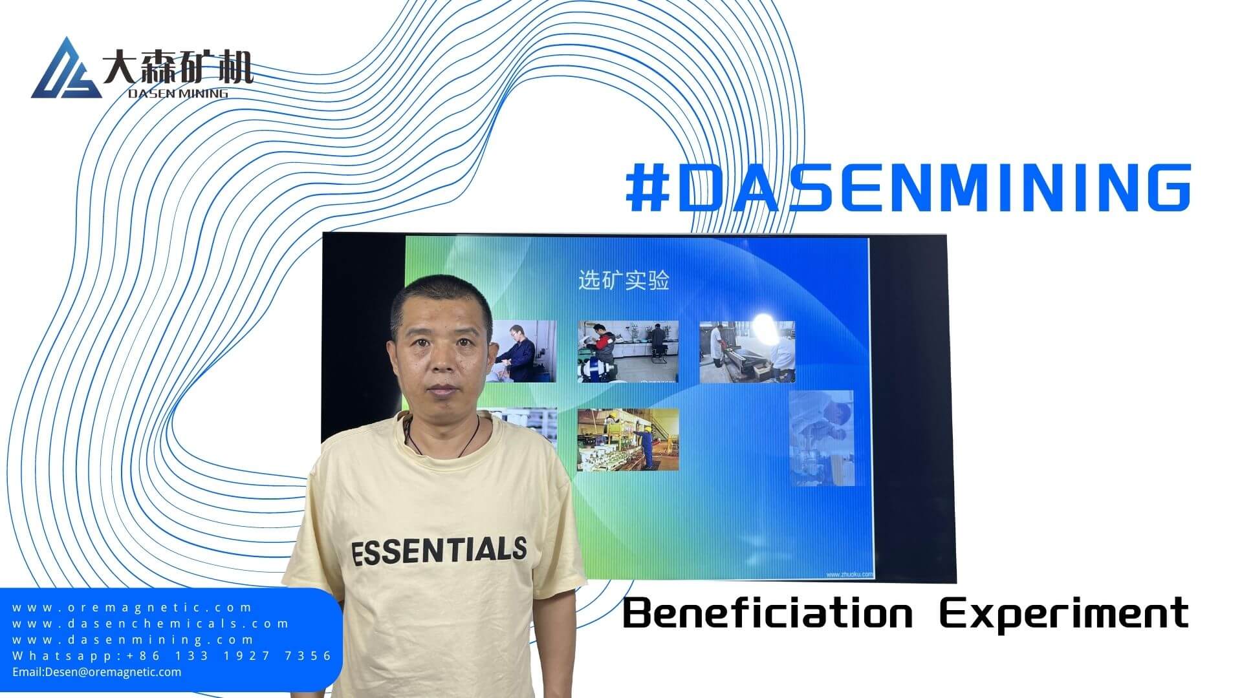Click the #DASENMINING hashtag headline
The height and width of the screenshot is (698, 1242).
pos(908,187)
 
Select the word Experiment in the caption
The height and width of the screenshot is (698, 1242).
pos(1065,614)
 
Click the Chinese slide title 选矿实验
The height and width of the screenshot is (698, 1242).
pos(624,280)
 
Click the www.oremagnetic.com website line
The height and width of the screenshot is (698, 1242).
pos(133,608)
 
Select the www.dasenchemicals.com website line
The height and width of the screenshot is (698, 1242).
pos(151,624)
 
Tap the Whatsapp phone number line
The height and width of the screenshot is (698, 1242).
pos(172,656)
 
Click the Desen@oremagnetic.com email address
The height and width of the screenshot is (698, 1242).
pos(97,672)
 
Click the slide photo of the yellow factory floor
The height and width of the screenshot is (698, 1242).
pos(628,439)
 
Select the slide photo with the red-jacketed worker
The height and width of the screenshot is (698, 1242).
pos(628,351)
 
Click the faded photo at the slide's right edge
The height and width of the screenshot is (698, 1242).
pos(822,438)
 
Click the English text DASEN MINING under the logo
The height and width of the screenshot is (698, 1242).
pos(178,93)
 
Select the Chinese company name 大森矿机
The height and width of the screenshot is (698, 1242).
pos(177,67)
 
